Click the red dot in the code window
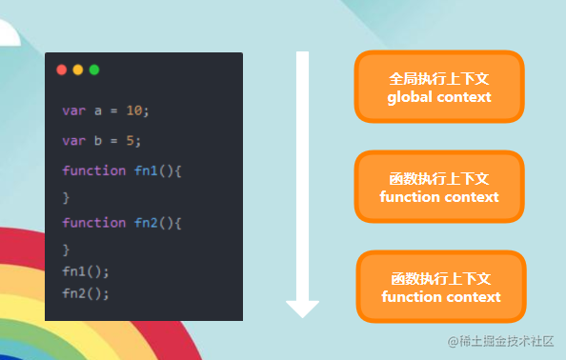62,70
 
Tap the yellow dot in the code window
78,70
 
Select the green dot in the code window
93,70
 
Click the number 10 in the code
134,110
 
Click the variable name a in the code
97,110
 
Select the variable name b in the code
97,141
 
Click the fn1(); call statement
86,271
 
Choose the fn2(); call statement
86,293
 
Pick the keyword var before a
73,110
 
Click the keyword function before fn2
93,223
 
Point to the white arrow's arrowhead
302,308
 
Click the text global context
439,97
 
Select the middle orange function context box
439,187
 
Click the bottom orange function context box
441,287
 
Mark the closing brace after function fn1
66,197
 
